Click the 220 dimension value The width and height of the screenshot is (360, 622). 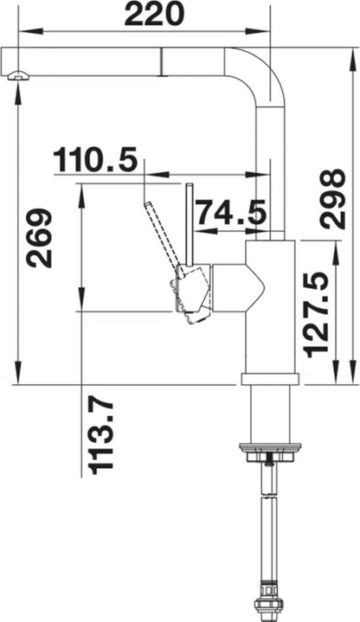[154, 15]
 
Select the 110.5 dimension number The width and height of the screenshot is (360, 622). [95, 159]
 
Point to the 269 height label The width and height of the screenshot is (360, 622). [39, 238]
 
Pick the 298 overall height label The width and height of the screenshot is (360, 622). [332, 199]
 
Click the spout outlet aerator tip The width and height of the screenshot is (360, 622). [17, 75]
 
